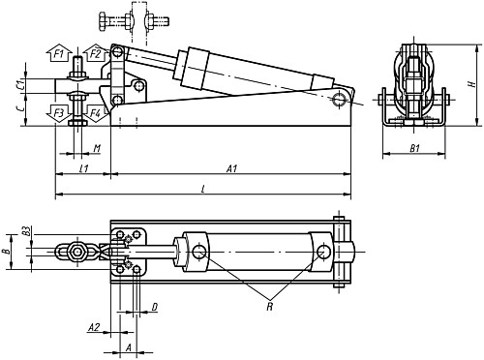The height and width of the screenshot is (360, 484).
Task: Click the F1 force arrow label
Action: pos(59,53)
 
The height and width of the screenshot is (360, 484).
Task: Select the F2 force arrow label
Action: pos(95,53)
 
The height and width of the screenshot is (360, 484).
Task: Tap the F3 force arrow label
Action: pos(59,114)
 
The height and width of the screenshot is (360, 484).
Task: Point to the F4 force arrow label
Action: pos(95,114)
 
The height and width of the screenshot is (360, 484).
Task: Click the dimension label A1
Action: pos(231,168)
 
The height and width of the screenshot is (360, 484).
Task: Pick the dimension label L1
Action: pos(84,168)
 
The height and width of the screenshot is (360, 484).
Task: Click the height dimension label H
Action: pos(469,84)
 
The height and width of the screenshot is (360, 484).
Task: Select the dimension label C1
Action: pos(20,84)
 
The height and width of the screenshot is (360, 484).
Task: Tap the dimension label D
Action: pos(155,308)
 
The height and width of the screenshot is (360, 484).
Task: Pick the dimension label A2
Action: pos(93,328)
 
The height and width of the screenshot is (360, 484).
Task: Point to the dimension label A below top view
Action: pos(129,345)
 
